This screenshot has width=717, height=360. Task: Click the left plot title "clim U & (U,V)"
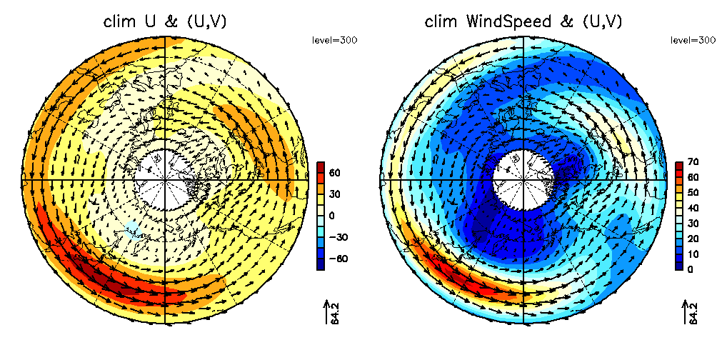click(166, 22)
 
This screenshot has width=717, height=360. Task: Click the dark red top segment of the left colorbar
click(321, 168)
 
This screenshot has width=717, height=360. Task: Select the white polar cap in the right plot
click(523, 179)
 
